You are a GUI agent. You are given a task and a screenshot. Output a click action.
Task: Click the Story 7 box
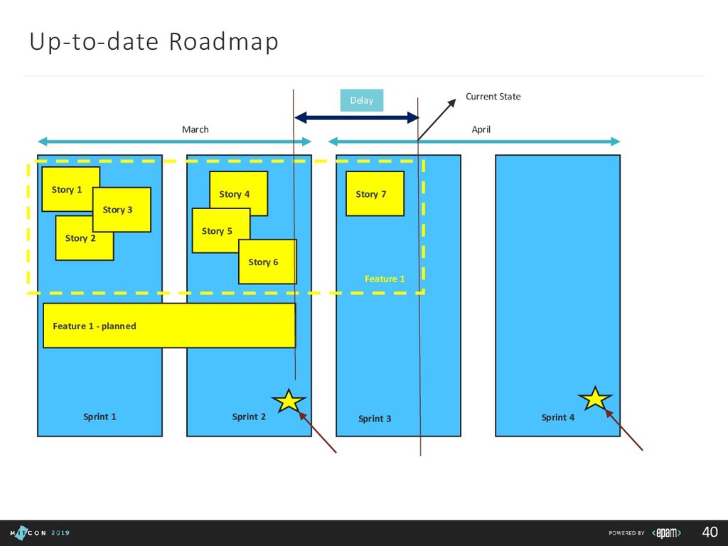point(375,193)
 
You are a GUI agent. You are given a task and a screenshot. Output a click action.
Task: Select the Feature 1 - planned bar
point(169,326)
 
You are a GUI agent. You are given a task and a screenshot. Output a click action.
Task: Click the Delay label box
point(362,100)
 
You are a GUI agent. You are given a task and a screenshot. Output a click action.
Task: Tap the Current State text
point(493,97)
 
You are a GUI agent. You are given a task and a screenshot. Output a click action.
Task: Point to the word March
point(196,129)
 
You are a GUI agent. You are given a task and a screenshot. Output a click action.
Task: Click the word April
point(481,129)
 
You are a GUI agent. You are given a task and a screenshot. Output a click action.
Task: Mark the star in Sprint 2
point(289,401)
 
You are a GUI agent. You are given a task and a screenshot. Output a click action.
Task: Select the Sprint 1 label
point(100,417)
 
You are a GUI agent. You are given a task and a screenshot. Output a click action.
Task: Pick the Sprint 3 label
point(375,419)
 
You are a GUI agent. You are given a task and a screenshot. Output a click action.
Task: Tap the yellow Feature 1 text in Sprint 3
point(385,279)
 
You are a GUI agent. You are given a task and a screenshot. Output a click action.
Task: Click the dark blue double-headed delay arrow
point(356,117)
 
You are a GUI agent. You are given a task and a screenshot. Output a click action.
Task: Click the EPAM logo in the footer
point(667,533)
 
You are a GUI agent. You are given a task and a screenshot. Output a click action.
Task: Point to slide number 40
point(710,532)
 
